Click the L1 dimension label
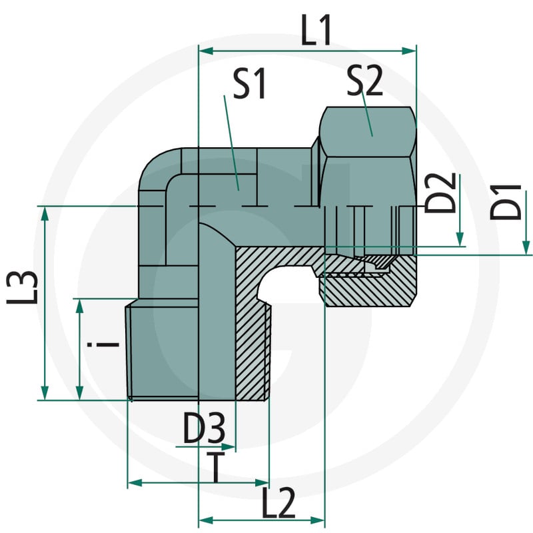[x=316, y=31]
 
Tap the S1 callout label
[x=249, y=83]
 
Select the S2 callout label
[x=364, y=81]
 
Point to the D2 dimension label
[x=440, y=193]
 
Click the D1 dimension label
[x=505, y=202]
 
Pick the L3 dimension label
[x=22, y=287]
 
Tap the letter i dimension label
[x=103, y=344]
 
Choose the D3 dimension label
[x=204, y=428]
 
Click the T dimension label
[x=215, y=467]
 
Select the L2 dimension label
[x=278, y=503]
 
